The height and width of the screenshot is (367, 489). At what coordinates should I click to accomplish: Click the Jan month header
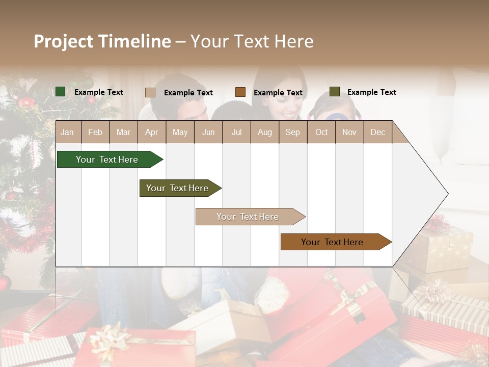click(67, 132)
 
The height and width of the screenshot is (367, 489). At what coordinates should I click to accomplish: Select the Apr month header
click(151, 132)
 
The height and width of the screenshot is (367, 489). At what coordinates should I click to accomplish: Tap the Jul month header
click(236, 132)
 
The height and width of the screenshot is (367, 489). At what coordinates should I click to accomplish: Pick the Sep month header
click(292, 132)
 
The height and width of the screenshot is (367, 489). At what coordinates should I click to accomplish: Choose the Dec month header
click(377, 132)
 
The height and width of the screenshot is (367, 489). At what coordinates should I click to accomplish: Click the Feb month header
click(95, 132)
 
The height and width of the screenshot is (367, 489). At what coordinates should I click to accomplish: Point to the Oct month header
click(321, 132)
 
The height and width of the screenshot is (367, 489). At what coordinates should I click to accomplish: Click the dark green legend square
click(60, 92)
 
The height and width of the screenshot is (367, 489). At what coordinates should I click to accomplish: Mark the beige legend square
click(150, 92)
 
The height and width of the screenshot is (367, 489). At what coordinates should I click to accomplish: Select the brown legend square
click(240, 92)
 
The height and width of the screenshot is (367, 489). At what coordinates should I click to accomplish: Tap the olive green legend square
click(334, 92)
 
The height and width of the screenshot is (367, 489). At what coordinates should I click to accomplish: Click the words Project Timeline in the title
click(102, 41)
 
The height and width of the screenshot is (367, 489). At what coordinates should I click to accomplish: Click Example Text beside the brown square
click(278, 92)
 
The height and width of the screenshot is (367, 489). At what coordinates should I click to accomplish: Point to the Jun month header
click(208, 132)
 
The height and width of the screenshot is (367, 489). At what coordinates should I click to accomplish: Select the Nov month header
click(349, 132)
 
